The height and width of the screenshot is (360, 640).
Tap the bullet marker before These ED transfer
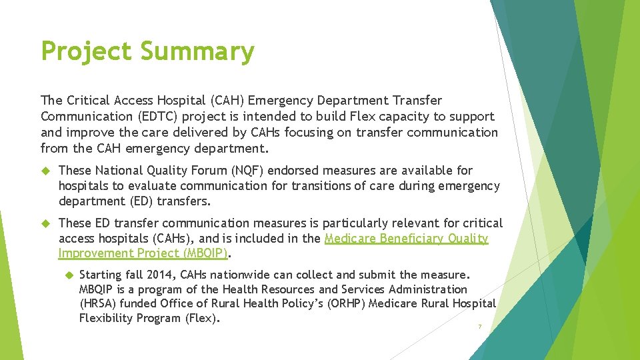46,223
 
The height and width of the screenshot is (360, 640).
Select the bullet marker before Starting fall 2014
67,275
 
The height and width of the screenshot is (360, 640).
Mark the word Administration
428,289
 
